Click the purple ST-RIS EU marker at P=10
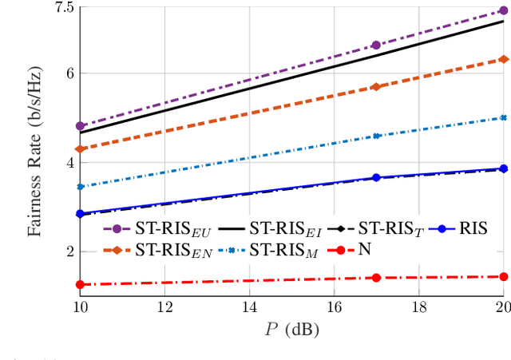coord(80,126)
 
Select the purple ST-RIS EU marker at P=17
coord(376,45)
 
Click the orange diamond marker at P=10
coord(80,149)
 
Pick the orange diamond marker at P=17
coord(376,86)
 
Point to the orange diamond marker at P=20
coord(503,59)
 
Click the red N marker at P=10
coord(80,284)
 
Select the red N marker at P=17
coord(376,277)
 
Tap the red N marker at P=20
coord(503,276)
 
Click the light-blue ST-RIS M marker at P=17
coord(376,136)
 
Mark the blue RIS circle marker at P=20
coord(503,168)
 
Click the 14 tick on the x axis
coord(249,308)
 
